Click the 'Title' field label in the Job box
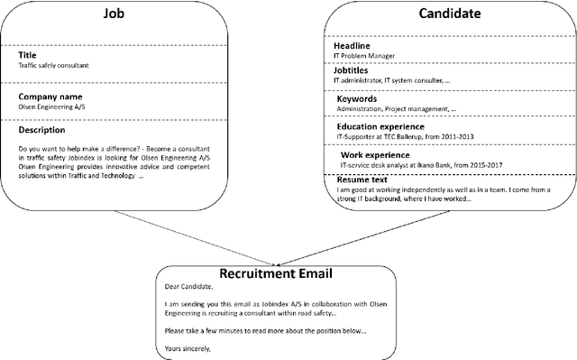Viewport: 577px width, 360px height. pyautogui.click(x=27, y=55)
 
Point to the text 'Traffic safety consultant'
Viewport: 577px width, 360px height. pyautogui.click(x=53, y=66)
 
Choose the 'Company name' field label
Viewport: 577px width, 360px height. pyautogui.click(x=51, y=95)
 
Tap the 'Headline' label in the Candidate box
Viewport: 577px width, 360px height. pyautogui.click(x=353, y=46)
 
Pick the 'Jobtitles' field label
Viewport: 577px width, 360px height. pyautogui.click(x=354, y=71)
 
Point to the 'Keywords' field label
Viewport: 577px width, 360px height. pyautogui.click(x=357, y=98)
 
